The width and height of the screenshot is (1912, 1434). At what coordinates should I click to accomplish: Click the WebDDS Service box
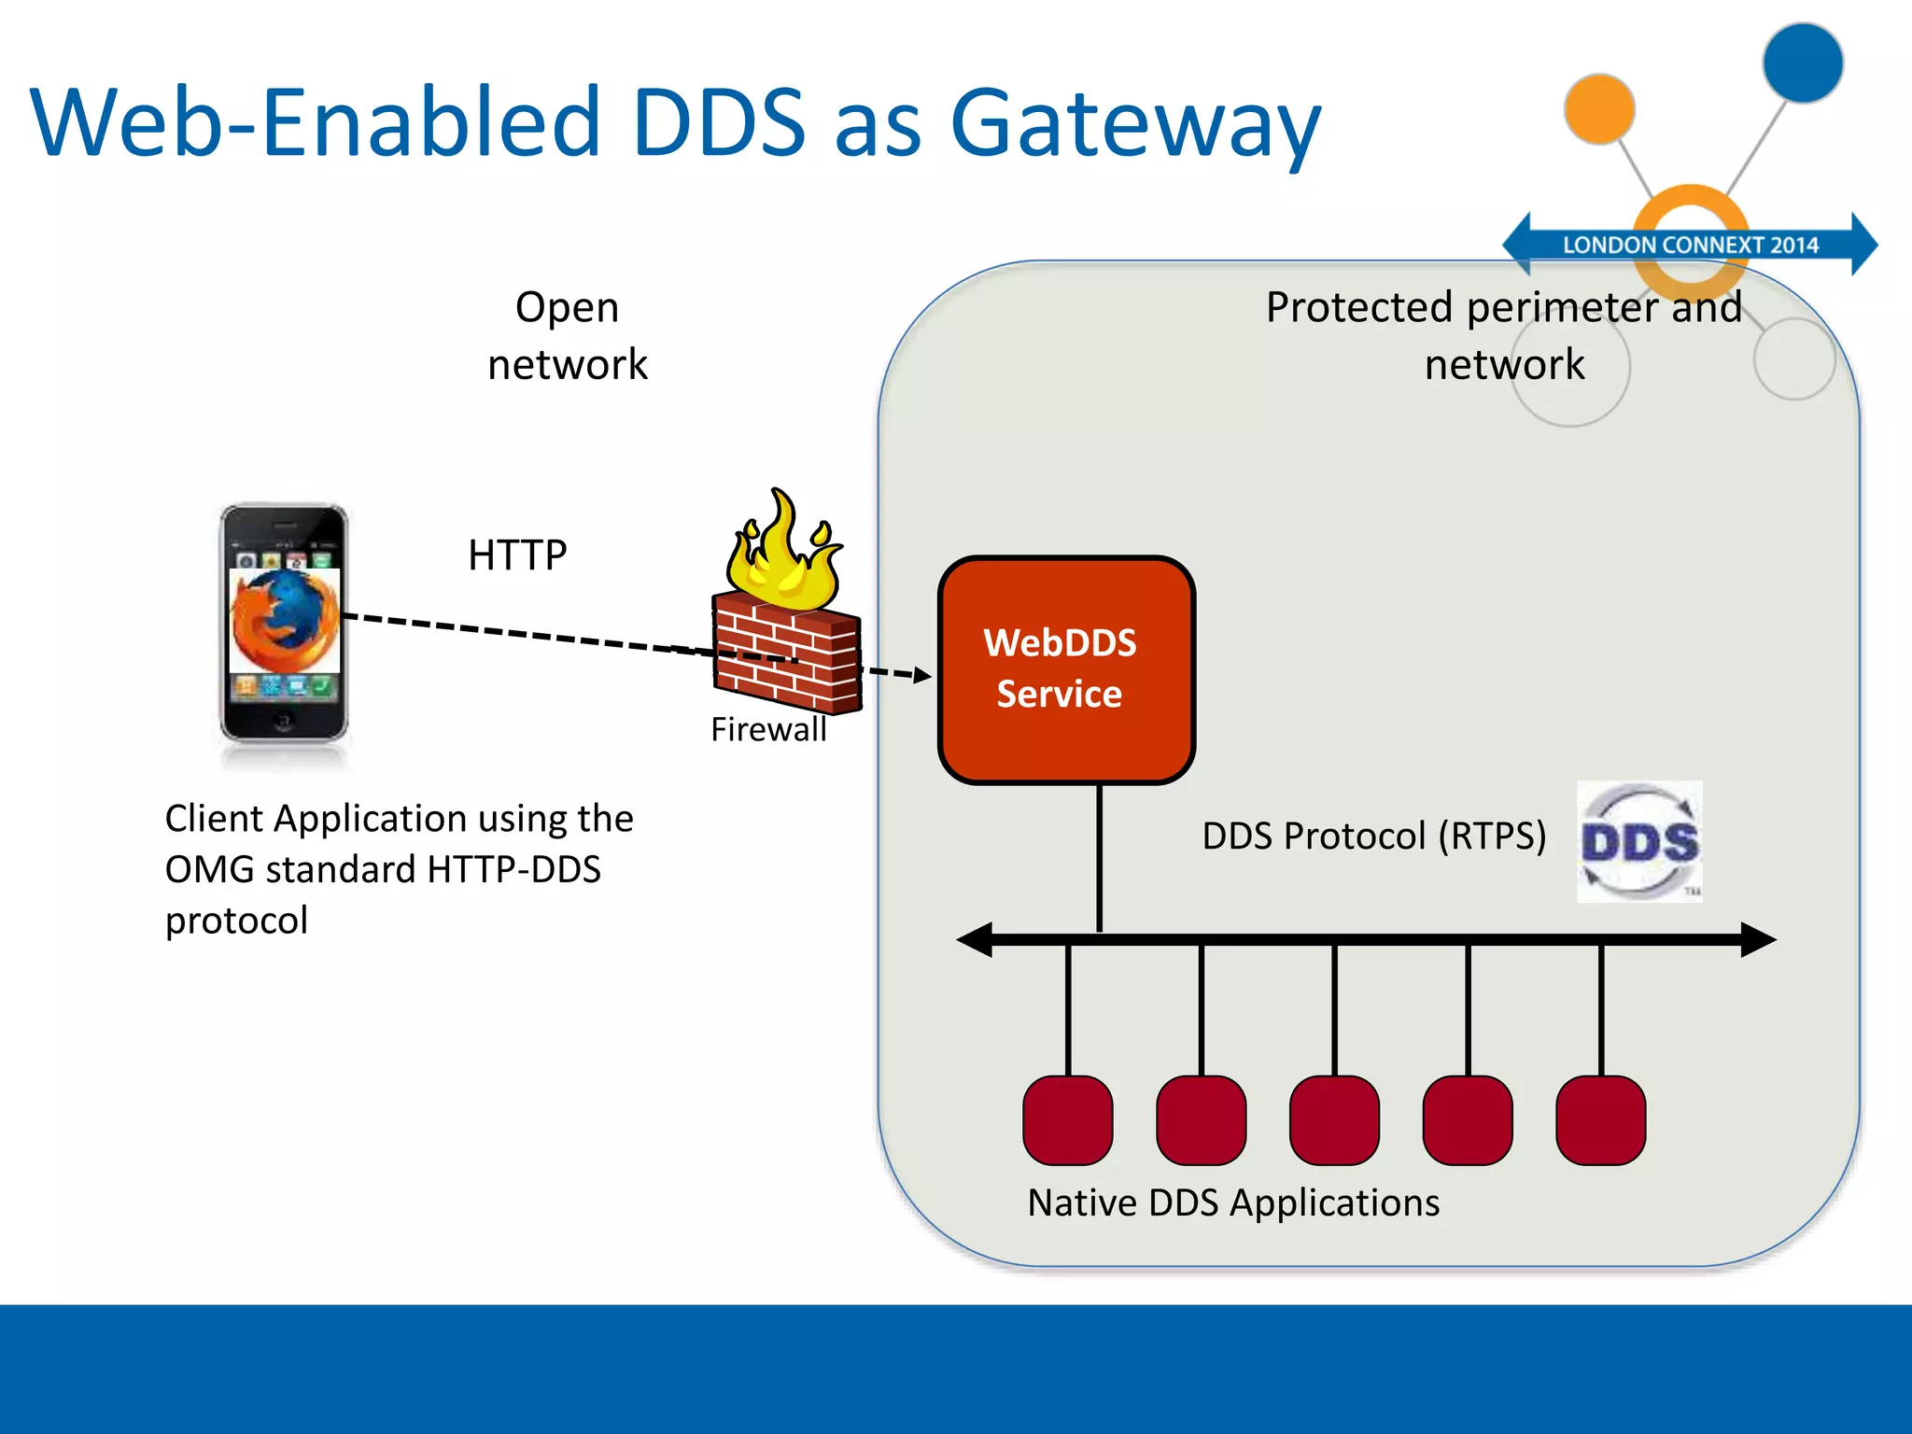1066,669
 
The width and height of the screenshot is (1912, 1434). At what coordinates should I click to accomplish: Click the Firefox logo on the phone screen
285,621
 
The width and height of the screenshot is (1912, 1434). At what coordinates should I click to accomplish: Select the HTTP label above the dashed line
517,555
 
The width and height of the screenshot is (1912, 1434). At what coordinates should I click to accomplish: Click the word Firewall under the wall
768,729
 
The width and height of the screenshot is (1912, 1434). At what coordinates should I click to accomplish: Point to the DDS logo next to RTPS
1639,842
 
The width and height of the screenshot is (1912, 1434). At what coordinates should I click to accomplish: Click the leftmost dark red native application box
1067,1120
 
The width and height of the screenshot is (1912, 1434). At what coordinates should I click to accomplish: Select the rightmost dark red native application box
1600,1120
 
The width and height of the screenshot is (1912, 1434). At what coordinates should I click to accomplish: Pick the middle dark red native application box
1334,1120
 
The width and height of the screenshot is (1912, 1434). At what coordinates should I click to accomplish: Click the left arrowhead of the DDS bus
975,939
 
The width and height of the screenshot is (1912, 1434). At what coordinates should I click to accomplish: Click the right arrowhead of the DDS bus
1757,939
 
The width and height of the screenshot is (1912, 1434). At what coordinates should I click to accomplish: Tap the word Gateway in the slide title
1134,123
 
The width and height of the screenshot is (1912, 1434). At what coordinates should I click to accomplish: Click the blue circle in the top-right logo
1803,63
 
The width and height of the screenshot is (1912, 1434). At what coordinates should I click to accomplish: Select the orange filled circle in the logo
1599,109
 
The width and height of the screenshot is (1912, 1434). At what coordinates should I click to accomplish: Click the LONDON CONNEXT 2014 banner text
1690,245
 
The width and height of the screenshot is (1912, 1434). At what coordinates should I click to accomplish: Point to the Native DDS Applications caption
1233,1202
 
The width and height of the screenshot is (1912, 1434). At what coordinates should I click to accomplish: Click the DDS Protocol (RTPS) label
1373,836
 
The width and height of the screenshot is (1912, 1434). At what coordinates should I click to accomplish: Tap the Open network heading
567,335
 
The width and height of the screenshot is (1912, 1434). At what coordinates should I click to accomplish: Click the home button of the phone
283,721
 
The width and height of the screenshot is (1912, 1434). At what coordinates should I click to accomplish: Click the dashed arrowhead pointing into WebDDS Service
922,675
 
